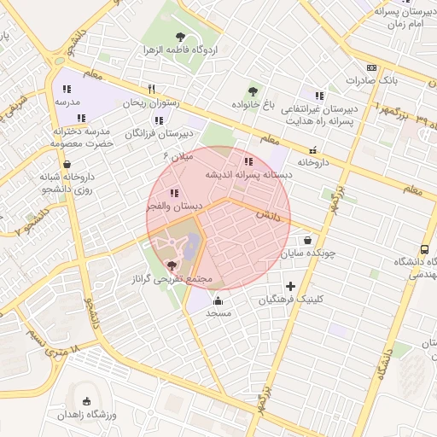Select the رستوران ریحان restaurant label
tap(150, 102)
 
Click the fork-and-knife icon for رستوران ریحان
tap(151, 89)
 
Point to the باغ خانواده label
tap(252, 104)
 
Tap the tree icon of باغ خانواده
tap(252, 91)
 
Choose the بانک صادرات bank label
tap(372, 80)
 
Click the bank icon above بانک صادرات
tap(371, 67)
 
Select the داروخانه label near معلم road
tap(312, 161)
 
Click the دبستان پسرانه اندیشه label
tap(248, 173)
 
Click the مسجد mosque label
tap(218, 313)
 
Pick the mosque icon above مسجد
tap(218, 300)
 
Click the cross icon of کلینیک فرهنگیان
tap(291, 286)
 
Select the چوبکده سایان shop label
tap(307, 253)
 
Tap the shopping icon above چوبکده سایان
tap(307, 241)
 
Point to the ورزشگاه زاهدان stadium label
tap(86, 414)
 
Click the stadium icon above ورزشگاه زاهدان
tap(85, 401)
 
